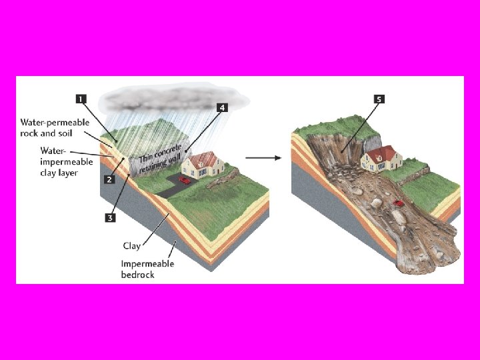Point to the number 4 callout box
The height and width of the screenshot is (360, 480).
(222, 107)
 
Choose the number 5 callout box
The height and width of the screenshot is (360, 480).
(379, 100)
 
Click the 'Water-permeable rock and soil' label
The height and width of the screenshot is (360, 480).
(55, 127)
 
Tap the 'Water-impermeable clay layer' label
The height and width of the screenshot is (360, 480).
(59, 161)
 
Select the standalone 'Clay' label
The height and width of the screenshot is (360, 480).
(132, 246)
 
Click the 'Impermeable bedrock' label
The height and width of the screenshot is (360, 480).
(147, 269)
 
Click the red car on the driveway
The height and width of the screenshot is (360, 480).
(185, 179)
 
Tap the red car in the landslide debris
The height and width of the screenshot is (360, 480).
(399, 203)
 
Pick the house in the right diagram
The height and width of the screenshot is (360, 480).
(381, 159)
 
